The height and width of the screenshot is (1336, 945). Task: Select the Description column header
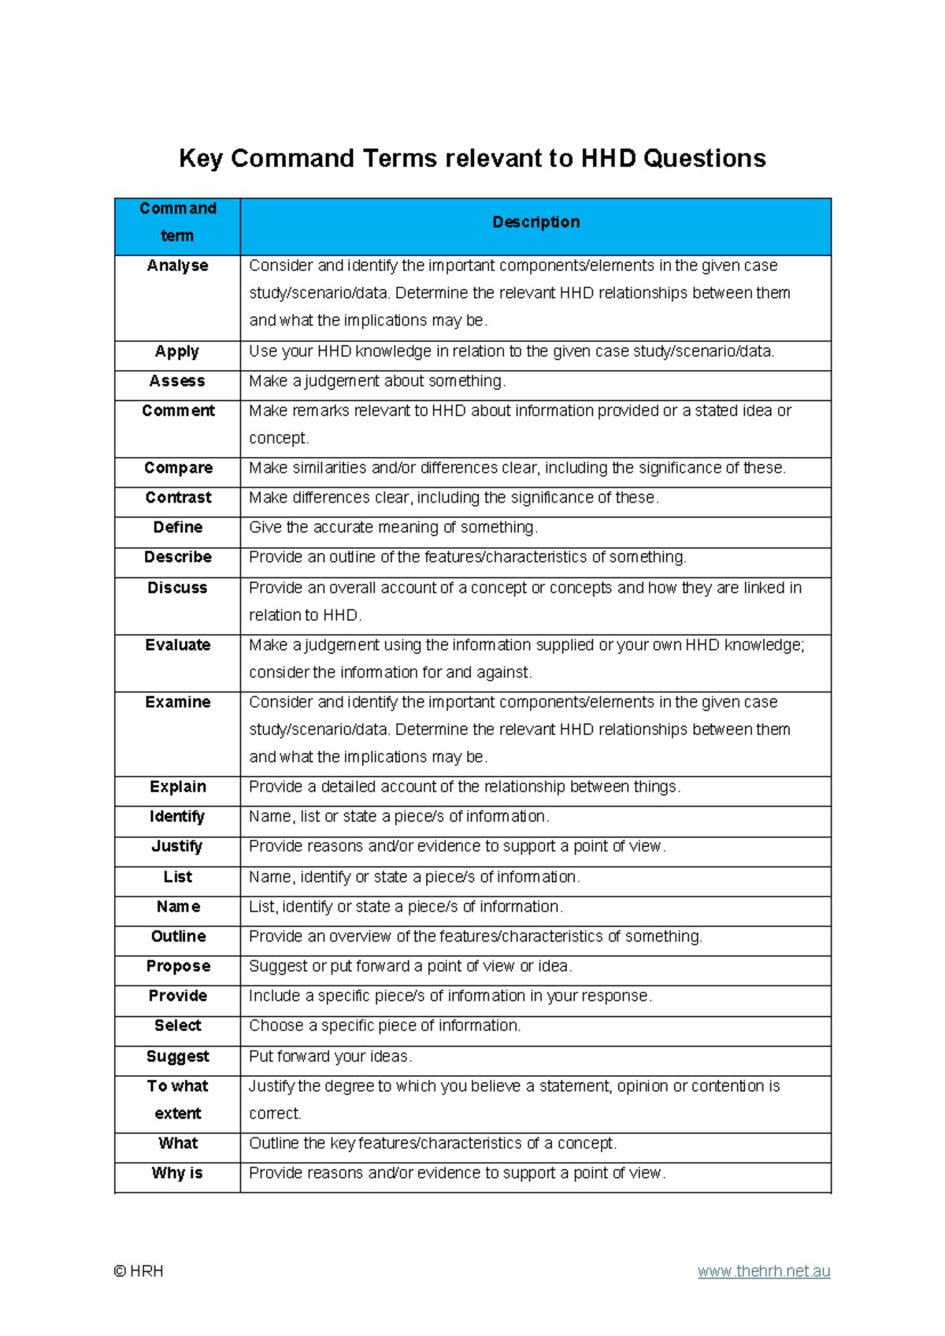(535, 222)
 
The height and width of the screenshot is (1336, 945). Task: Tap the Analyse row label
(177, 265)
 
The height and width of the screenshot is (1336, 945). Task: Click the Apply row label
(177, 351)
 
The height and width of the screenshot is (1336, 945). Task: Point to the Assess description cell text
(377, 381)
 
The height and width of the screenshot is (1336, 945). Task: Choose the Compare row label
(178, 468)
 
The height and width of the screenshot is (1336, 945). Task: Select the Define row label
(178, 527)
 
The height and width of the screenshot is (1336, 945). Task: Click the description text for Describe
(468, 557)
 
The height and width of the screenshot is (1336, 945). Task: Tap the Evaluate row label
(178, 645)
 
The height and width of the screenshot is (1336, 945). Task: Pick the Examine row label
(178, 702)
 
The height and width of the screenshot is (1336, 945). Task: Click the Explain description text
(465, 787)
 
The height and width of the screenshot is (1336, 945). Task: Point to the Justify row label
(177, 846)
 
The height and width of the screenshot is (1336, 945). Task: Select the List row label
(178, 877)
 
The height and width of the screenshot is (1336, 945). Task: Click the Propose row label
(178, 967)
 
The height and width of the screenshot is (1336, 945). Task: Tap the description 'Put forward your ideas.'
(331, 1056)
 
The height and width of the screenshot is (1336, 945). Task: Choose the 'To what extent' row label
(178, 1100)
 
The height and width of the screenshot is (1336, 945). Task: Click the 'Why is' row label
(177, 1173)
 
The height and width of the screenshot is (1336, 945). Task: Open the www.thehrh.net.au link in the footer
(764, 1271)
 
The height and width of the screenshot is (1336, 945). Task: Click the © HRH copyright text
(139, 1271)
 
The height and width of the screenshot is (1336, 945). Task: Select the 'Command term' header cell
(178, 222)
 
